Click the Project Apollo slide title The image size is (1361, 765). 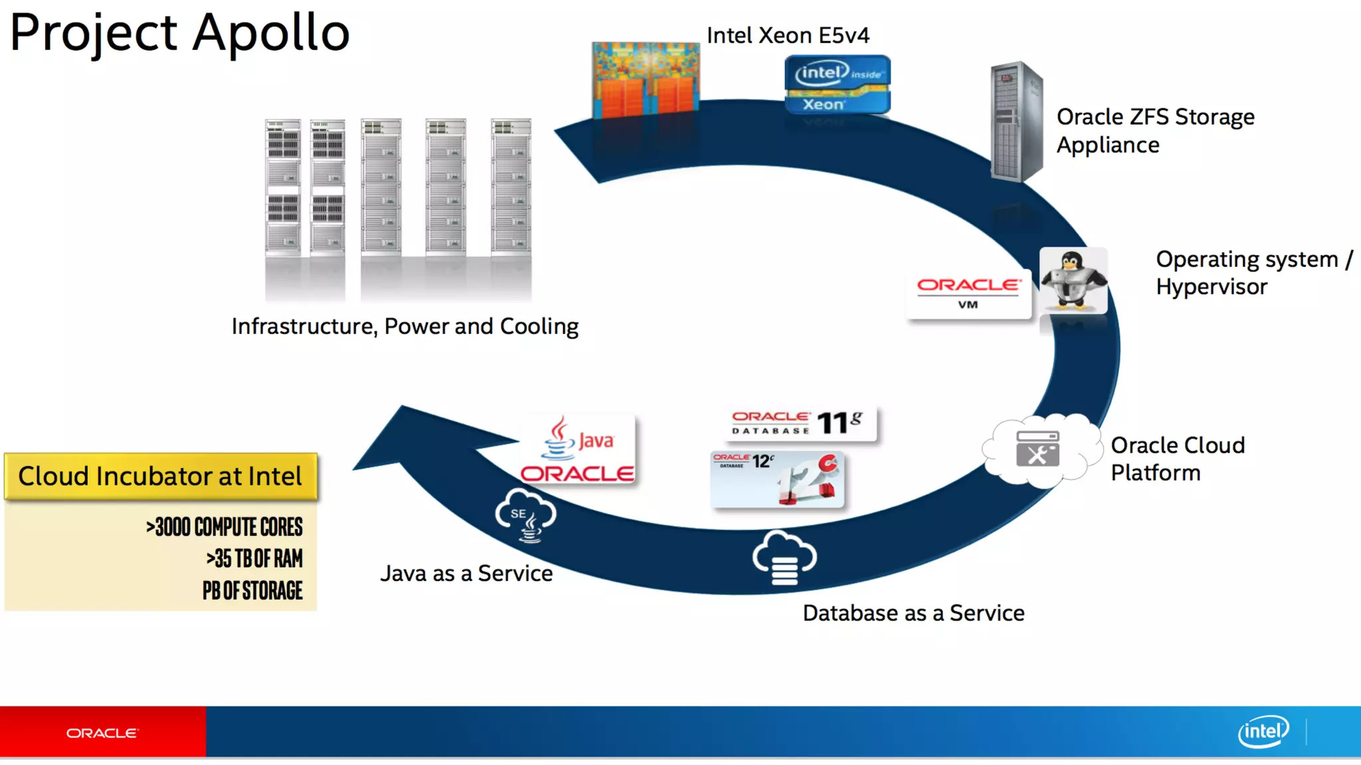pyautogui.click(x=179, y=33)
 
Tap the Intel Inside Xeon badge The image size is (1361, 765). pyautogui.click(x=837, y=85)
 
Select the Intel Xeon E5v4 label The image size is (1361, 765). pyautogui.click(x=787, y=35)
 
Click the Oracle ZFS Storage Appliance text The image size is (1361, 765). pyautogui.click(x=1155, y=130)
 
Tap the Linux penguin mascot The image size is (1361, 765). pyautogui.click(x=1073, y=280)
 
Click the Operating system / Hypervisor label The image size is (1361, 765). pyautogui.click(x=1253, y=272)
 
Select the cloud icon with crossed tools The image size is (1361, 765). pyautogui.click(x=1037, y=449)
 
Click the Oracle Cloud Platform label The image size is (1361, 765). pyautogui.click(x=1177, y=458)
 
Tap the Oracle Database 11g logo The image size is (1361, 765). pyautogui.click(x=801, y=423)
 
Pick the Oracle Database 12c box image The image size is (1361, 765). pyautogui.click(x=778, y=479)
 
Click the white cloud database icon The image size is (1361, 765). pyautogui.click(x=784, y=558)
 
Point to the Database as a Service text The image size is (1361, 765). pyautogui.click(x=913, y=613)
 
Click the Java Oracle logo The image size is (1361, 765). pyautogui.click(x=577, y=450)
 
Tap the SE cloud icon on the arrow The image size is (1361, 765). pyautogui.click(x=526, y=515)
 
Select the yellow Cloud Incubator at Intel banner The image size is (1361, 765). pyautogui.click(x=160, y=476)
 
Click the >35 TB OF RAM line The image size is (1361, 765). pyautogui.click(x=254, y=558)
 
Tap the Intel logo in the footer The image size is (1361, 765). pyautogui.click(x=1263, y=732)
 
